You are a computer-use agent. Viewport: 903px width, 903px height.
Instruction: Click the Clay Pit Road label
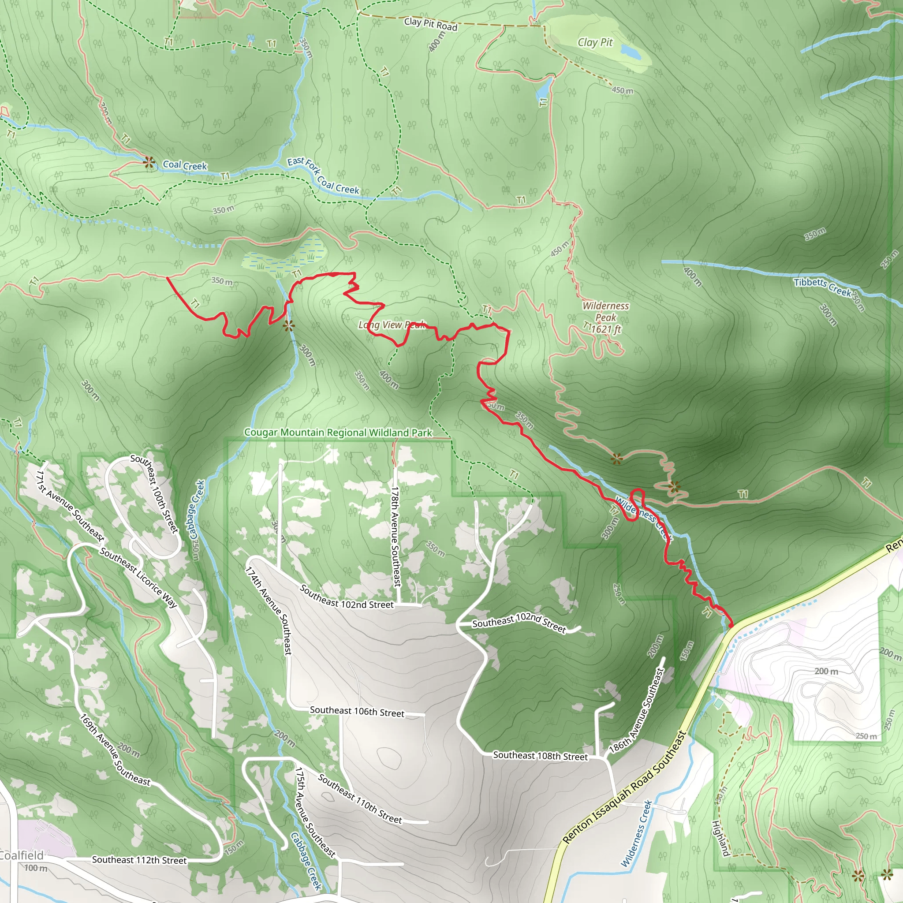coord(430,24)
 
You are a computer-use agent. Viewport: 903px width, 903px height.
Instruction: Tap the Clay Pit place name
coord(595,42)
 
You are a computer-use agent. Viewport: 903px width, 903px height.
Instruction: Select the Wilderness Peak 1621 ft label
coord(605,317)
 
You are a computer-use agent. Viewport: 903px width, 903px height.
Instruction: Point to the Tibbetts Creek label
coord(823,287)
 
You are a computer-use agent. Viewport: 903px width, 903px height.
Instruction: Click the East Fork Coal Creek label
coord(323,176)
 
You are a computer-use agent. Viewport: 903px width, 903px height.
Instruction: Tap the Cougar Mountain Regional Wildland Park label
coord(338,433)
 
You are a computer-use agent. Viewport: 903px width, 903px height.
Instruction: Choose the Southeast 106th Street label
coord(357,711)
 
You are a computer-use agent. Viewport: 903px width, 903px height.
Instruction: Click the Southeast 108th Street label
coord(540,755)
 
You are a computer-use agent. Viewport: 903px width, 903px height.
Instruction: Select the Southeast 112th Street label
coord(139,860)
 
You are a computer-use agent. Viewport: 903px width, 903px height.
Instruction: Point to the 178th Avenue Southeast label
coord(396,537)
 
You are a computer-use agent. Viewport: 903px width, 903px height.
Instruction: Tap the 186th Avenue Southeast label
coord(637,710)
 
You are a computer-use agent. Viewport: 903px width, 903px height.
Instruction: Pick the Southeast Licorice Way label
coord(138,578)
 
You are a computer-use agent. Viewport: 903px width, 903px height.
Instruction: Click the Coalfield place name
coord(21,855)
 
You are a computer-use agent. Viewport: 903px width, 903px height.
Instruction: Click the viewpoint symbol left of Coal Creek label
coord(149,162)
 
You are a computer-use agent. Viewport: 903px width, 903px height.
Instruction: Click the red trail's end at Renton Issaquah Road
coord(731,625)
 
